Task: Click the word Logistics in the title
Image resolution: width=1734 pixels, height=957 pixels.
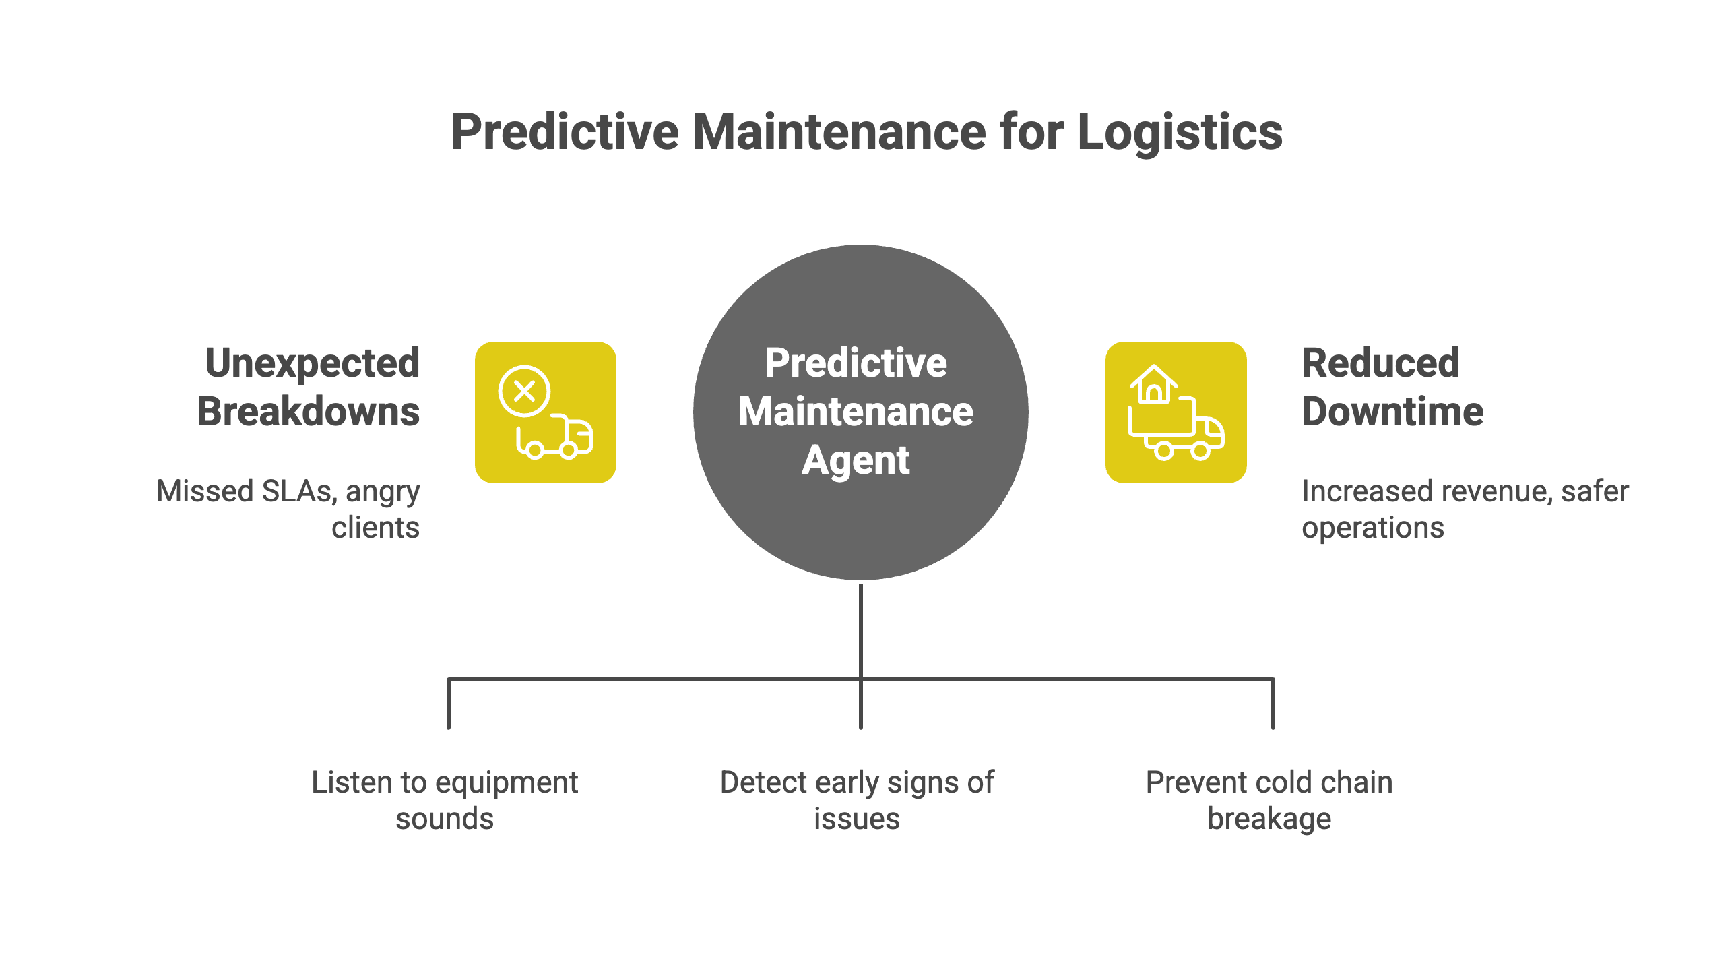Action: click(1180, 132)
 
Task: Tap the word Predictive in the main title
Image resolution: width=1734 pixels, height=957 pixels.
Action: click(565, 132)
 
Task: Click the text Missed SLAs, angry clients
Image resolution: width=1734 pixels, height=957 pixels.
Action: click(288, 509)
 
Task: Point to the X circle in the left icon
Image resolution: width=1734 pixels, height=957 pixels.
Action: click(524, 391)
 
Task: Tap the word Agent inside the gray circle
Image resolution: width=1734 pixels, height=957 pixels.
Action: click(856, 461)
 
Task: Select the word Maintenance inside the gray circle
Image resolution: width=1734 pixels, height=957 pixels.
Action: click(856, 412)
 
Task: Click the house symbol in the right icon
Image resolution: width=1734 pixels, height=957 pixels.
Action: click(1153, 385)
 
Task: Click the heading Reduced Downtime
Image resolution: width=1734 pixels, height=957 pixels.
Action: click(1392, 387)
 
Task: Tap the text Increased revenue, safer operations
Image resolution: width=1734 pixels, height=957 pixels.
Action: click(1465, 509)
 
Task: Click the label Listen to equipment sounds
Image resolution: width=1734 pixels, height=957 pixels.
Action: click(445, 800)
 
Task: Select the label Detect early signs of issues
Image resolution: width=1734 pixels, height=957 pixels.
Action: click(857, 800)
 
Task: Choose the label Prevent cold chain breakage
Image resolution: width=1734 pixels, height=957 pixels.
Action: click(1269, 800)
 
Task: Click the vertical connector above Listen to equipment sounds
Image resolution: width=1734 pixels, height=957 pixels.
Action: click(449, 704)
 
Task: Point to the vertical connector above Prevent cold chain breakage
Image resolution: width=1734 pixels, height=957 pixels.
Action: click(1273, 704)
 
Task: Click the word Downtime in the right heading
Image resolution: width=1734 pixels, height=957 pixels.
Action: click(1392, 412)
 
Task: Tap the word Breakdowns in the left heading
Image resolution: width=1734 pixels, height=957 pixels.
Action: click(309, 412)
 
